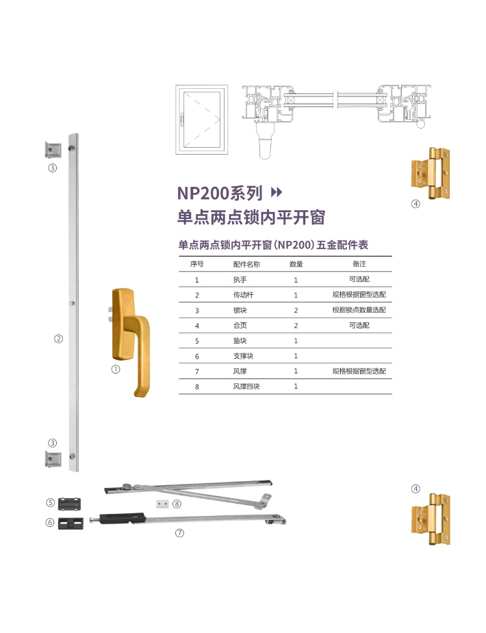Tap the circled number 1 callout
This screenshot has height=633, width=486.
[116, 370]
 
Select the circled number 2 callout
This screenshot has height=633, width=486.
[59, 339]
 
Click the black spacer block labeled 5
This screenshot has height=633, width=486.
[69, 504]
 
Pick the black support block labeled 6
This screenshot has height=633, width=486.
[71, 524]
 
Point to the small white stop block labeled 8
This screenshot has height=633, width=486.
[162, 504]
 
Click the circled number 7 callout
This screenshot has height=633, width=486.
[179, 533]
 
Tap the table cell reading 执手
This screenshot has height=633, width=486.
[240, 280]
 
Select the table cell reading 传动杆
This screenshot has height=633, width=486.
[243, 295]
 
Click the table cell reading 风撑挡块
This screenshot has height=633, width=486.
[246, 387]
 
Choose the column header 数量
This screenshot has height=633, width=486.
[296, 264]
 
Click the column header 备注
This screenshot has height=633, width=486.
[359, 264]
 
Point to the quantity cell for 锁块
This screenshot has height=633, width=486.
[296, 311]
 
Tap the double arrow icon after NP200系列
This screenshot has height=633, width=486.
[276, 192]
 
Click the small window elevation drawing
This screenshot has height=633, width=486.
[202, 120]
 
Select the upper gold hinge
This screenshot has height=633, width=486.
[431, 173]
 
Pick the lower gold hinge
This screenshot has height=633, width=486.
[431, 518]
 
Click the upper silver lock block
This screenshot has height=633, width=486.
[53, 150]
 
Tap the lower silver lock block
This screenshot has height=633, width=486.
[53, 459]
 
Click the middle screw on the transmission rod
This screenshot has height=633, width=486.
[72, 303]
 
